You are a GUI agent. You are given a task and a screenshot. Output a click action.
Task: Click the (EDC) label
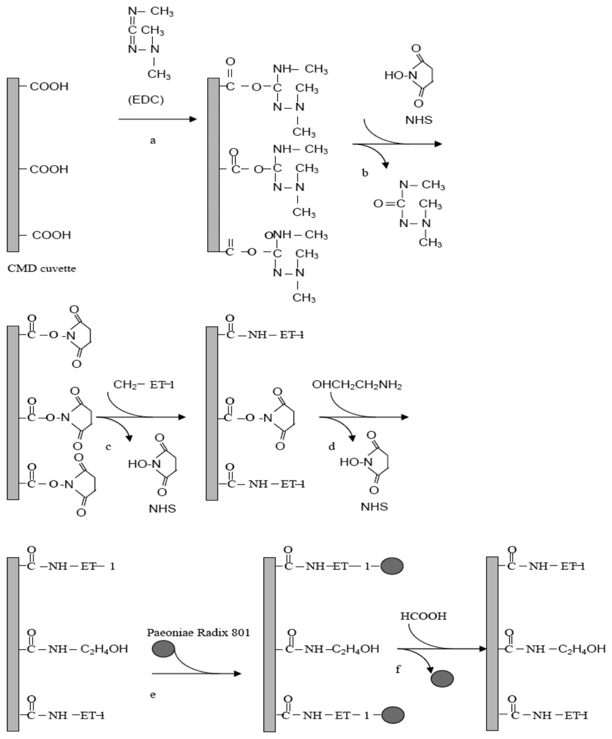click(146, 100)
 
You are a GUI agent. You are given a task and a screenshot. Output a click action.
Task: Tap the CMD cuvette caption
click(41, 269)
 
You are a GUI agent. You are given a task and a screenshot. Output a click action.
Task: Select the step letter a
click(152, 140)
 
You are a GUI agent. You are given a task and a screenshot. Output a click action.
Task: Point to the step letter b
click(365, 173)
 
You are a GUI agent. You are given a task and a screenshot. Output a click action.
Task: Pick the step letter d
click(332, 446)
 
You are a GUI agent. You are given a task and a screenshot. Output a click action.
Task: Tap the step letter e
click(153, 695)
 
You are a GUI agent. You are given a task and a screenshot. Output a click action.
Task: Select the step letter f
click(398, 670)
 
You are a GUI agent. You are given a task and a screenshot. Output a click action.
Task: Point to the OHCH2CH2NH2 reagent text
click(357, 385)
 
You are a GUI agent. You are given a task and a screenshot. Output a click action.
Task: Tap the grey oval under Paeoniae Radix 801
click(164, 648)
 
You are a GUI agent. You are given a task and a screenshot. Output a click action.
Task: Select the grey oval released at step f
click(442, 679)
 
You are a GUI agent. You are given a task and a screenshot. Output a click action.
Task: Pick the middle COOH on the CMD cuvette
click(49, 169)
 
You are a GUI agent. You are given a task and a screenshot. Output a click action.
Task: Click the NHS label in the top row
click(418, 120)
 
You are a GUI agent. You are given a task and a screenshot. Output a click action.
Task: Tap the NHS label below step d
click(374, 507)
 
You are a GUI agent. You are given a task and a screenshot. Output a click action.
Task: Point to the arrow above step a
click(157, 119)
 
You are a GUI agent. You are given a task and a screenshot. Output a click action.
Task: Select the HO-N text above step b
click(396, 75)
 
